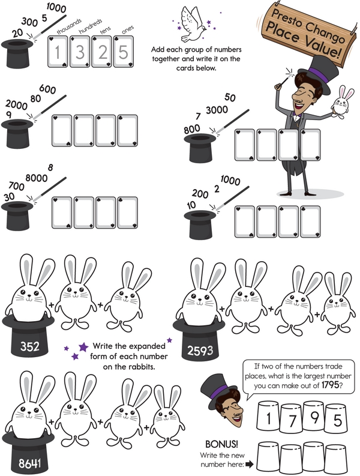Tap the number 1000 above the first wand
click(x=56, y=8)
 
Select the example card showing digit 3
click(x=80, y=51)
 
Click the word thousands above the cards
click(x=69, y=26)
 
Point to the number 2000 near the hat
click(x=16, y=104)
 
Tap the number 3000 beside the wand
click(x=217, y=110)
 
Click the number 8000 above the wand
click(x=37, y=178)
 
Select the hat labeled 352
click(x=29, y=336)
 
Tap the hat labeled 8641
click(x=29, y=453)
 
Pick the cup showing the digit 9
click(x=314, y=417)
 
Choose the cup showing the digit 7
click(x=292, y=420)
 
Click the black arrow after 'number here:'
click(x=250, y=464)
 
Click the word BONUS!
click(x=221, y=444)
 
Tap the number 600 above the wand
click(x=47, y=89)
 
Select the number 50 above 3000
click(x=230, y=97)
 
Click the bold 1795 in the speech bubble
click(x=330, y=385)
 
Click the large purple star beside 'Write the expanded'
click(x=83, y=347)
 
